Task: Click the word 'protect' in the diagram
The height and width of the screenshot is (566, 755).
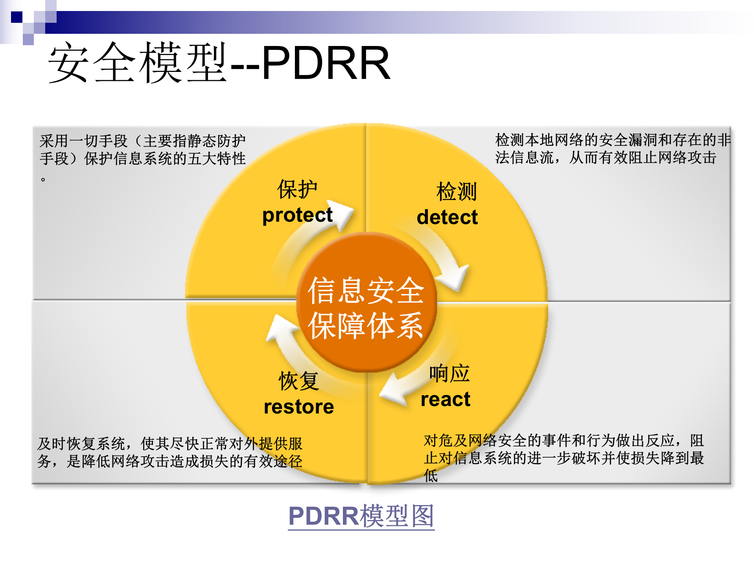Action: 297,215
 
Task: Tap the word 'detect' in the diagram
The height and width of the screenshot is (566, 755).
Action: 447,217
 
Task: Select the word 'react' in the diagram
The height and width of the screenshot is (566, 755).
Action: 446,399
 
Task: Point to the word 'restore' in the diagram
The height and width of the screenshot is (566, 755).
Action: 299,407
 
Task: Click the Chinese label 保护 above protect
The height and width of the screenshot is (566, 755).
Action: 297,189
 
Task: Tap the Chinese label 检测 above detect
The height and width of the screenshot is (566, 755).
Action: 457,192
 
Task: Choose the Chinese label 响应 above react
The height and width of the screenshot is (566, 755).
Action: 449,373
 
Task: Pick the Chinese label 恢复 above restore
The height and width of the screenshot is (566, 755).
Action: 298,381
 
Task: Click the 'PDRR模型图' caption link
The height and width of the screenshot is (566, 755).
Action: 361,516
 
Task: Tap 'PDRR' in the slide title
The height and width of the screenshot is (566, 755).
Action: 326,63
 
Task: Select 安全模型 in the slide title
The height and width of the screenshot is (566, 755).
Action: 138,63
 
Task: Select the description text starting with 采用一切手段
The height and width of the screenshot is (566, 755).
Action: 142,150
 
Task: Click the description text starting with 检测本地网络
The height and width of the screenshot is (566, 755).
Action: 612,149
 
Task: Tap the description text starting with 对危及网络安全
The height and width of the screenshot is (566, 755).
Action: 563,449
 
